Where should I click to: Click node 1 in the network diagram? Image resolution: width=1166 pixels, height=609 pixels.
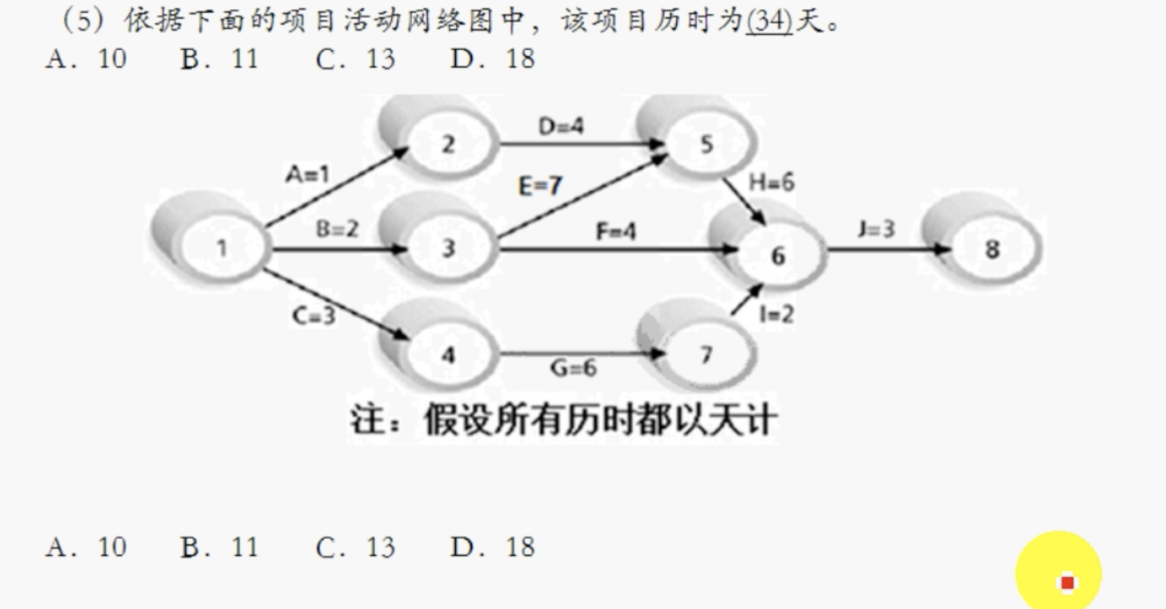pos(221,249)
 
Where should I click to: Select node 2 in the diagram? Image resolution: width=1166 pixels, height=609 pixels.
pos(448,144)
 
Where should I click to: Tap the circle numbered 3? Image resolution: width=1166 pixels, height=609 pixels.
pos(448,248)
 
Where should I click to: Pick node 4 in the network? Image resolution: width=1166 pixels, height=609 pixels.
pos(448,354)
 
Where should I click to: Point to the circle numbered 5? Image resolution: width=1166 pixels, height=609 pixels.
pos(707,144)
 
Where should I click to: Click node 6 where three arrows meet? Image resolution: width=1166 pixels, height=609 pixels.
pos(777,255)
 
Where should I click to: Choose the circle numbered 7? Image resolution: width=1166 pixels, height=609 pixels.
pos(707,355)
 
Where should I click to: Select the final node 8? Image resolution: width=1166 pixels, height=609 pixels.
pos(992,250)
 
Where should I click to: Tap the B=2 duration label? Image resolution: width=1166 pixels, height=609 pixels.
pos(338,229)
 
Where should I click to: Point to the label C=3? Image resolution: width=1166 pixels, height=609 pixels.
pos(313,317)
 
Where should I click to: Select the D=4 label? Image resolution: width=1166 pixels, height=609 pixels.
pos(561,127)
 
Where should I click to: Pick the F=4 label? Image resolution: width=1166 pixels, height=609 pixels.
pos(615,230)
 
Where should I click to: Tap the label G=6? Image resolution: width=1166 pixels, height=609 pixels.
pos(573,369)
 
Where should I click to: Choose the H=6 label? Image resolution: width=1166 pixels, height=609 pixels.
pos(771,183)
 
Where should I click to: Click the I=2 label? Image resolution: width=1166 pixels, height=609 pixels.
pos(776,315)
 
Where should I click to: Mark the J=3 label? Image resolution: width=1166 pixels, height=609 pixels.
pos(876,229)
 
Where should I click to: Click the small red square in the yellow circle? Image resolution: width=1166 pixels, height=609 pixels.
pos(1067,582)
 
